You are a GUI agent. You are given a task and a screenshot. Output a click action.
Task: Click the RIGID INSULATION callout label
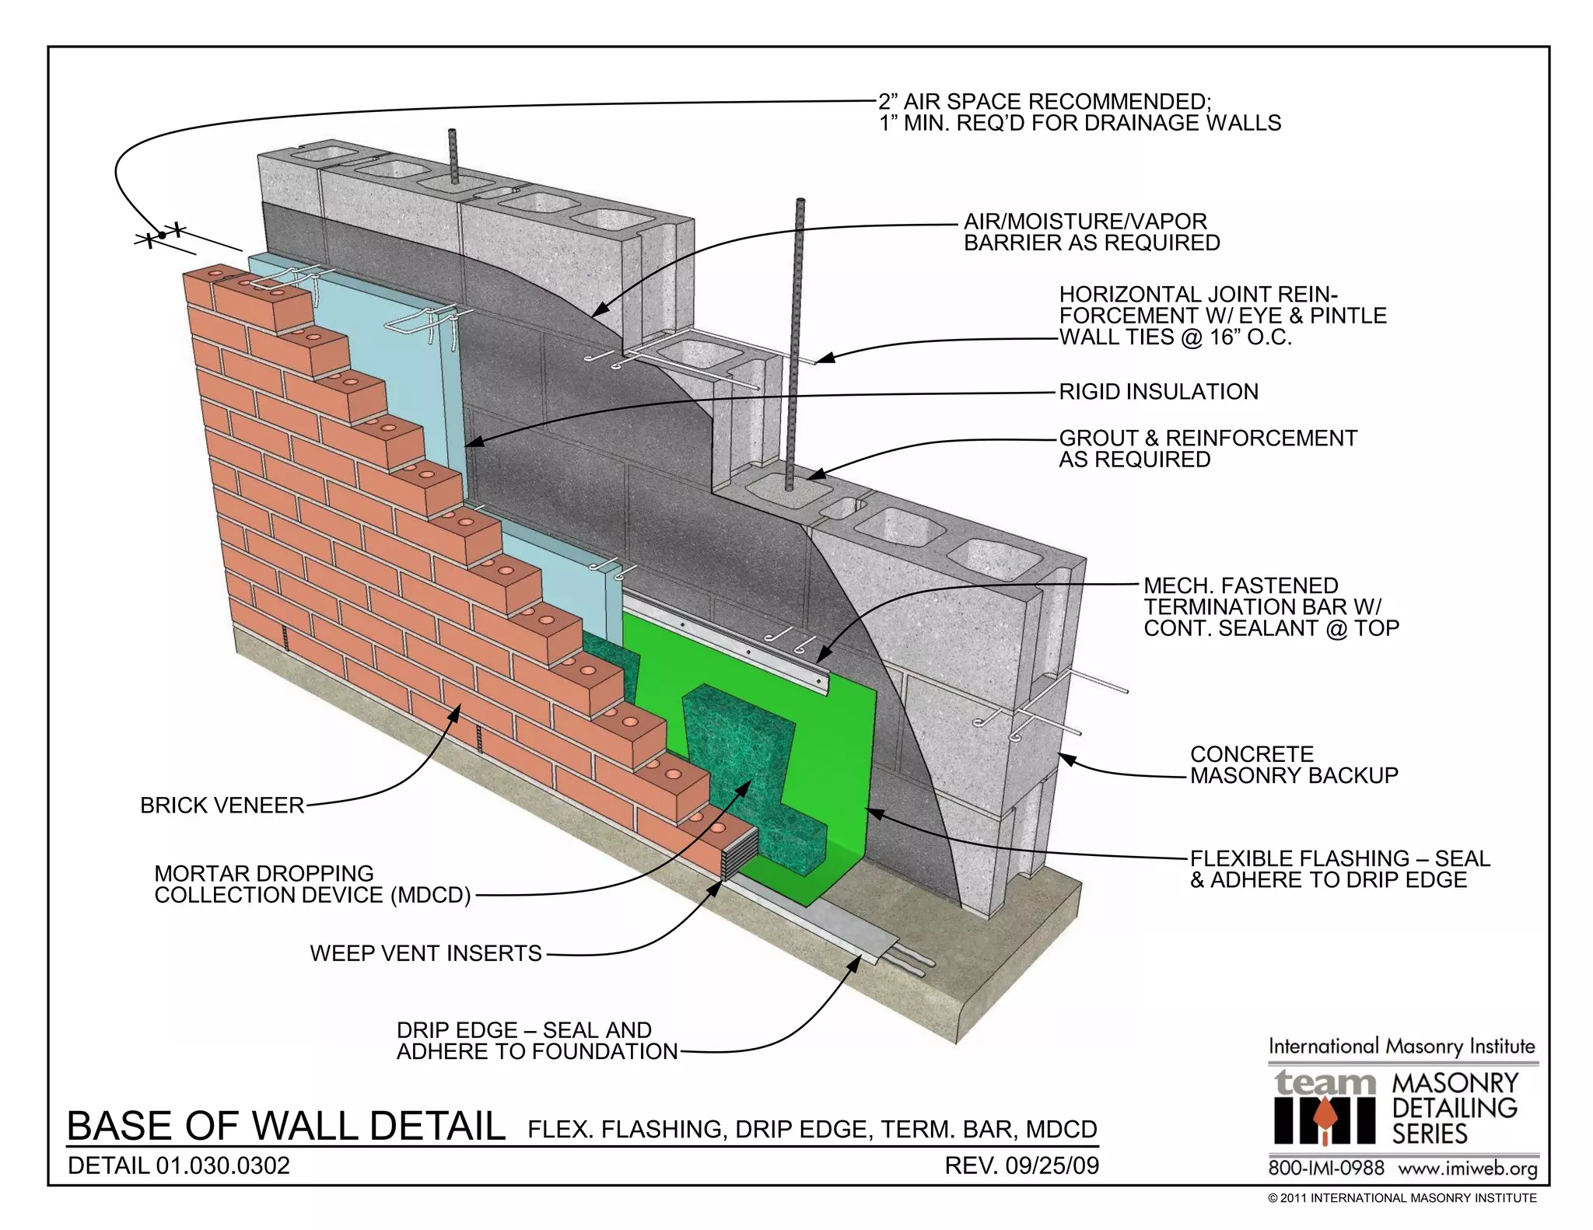tap(1158, 392)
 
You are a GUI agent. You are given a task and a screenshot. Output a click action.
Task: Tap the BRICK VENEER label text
tap(222, 805)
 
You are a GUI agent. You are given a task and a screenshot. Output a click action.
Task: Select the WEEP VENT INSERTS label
tap(425, 953)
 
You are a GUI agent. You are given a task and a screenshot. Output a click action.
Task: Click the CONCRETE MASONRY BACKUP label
tap(1294, 765)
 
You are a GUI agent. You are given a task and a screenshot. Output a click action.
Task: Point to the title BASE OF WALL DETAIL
tap(285, 1127)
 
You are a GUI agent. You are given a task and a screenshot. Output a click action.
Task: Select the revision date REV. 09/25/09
tap(1021, 1165)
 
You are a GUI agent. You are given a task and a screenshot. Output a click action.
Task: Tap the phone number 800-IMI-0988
tap(1326, 1168)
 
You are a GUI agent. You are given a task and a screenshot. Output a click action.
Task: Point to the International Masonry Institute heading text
tap(1402, 1047)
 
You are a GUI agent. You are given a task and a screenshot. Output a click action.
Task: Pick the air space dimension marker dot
tap(162, 235)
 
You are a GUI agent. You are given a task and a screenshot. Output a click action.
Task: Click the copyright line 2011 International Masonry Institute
tap(1402, 1198)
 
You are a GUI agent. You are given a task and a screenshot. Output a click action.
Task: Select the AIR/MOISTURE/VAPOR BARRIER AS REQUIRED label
tap(1091, 232)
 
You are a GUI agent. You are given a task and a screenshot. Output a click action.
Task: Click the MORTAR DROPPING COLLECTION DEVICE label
tap(312, 885)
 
